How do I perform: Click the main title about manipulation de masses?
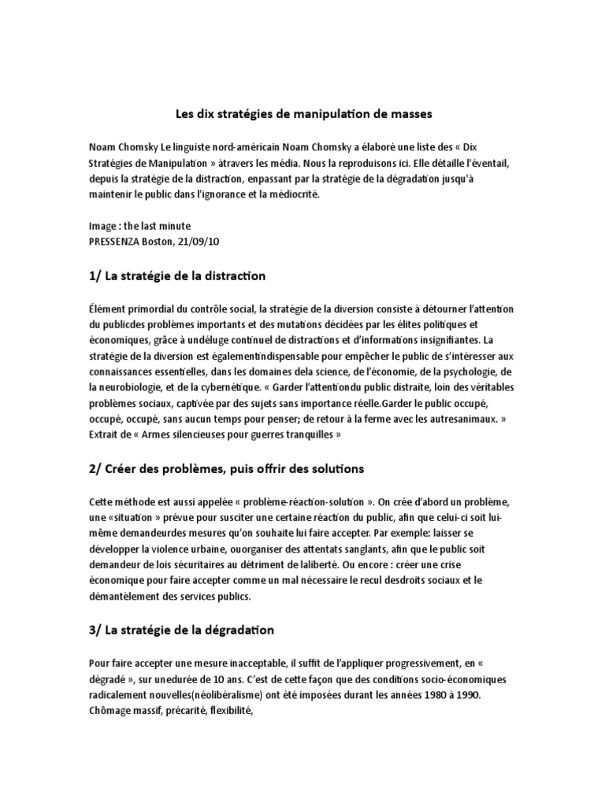coord(302,114)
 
